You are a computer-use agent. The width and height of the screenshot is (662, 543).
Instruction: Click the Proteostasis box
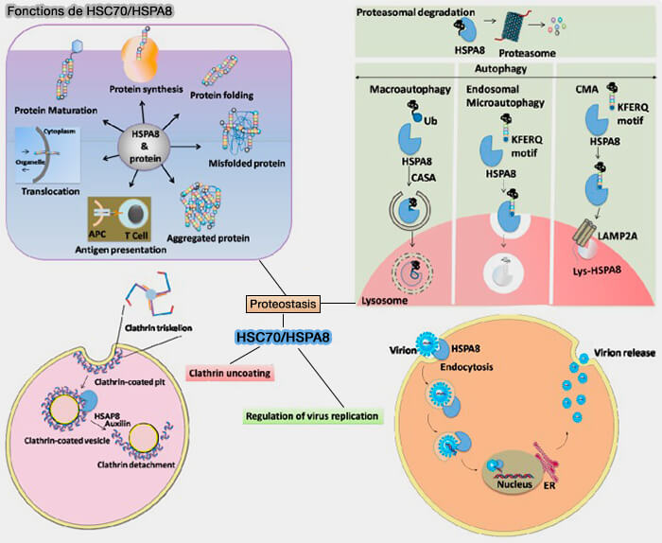[x=283, y=305]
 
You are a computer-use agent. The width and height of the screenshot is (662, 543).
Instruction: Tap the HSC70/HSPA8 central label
[x=283, y=338]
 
